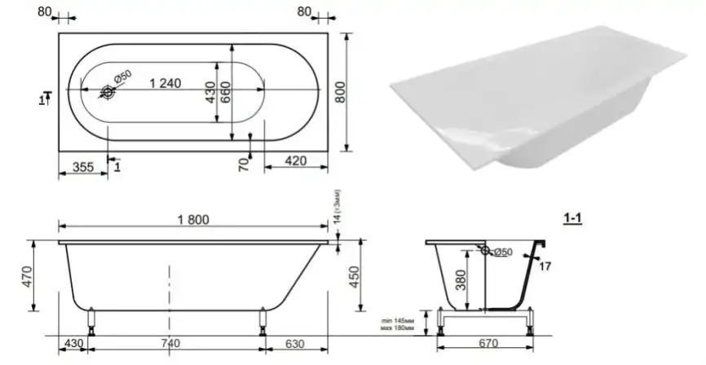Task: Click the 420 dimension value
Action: (x=297, y=161)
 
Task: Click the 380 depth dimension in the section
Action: (x=461, y=280)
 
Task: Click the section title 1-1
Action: (x=572, y=218)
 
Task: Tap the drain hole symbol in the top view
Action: (x=108, y=92)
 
